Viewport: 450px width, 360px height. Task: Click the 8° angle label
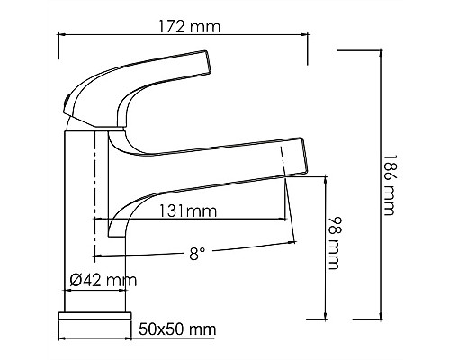coord(197,254)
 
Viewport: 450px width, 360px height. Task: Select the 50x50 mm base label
coord(178,329)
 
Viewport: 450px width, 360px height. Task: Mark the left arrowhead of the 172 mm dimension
coord(62,35)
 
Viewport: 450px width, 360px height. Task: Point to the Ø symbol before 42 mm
coord(76,281)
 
